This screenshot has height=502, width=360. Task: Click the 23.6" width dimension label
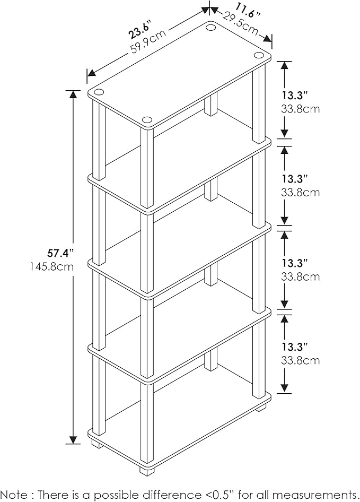click(139, 30)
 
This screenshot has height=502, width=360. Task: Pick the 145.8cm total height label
click(52, 266)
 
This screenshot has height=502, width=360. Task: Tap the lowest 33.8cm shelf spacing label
click(300, 361)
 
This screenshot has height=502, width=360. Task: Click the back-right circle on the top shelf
click(259, 55)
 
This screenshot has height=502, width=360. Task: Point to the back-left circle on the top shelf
click(211, 28)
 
